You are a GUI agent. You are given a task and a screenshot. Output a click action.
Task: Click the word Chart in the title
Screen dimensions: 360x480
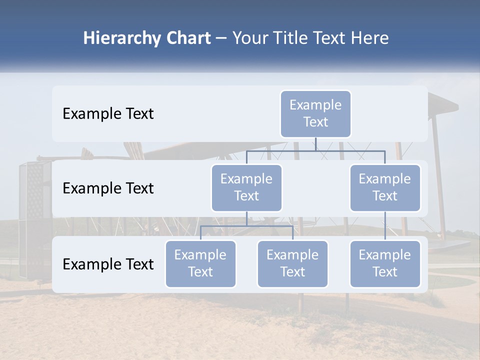tap(187, 38)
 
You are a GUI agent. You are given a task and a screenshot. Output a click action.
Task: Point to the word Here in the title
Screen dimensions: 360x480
tap(369, 38)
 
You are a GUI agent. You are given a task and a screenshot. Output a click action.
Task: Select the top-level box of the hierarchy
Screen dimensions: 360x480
tap(315, 113)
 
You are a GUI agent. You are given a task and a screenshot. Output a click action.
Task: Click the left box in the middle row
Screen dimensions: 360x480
tap(246, 187)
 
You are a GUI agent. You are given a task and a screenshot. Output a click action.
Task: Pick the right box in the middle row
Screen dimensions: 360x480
tap(385, 187)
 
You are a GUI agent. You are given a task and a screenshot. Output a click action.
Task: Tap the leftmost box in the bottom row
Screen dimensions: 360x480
tap(200, 263)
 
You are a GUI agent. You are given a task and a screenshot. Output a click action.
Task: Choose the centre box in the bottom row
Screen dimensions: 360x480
tap(292, 263)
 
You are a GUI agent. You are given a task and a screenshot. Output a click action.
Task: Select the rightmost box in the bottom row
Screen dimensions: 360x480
tap(385, 263)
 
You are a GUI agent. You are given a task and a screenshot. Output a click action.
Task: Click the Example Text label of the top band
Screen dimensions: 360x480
tap(108, 114)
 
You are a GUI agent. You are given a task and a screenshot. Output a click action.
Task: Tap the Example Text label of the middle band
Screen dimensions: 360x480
tap(108, 188)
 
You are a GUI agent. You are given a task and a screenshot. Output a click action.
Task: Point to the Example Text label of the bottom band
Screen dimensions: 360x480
tap(108, 264)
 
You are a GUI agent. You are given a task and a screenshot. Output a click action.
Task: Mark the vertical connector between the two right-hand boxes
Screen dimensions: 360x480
tap(385, 226)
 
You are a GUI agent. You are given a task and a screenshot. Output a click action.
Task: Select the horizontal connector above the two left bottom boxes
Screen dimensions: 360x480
tap(246, 226)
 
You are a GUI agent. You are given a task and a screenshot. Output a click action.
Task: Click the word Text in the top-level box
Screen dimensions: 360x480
tap(315, 122)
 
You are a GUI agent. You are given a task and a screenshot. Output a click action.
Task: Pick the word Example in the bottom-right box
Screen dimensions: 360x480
tap(385, 255)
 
